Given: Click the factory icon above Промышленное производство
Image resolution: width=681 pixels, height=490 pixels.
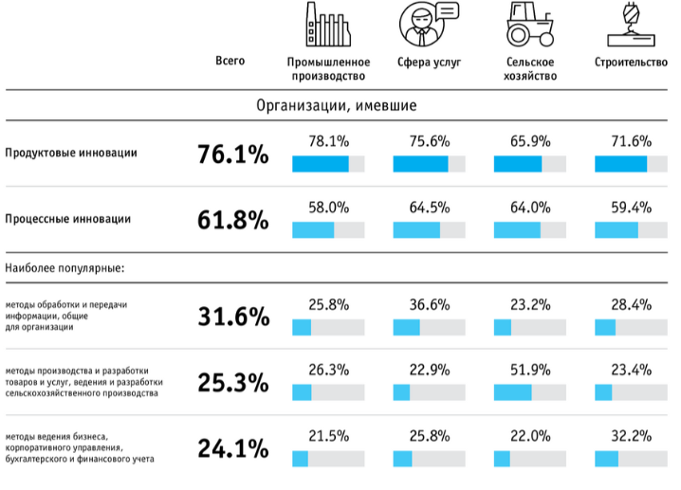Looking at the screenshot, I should (327, 24).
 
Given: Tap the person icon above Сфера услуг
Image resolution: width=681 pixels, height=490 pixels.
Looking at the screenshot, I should (426, 24).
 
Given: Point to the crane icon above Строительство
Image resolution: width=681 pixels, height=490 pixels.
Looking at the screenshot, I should (631, 24).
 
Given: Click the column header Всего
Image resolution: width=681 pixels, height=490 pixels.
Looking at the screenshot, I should (230, 62).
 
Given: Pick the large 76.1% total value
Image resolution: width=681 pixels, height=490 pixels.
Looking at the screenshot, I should (232, 154).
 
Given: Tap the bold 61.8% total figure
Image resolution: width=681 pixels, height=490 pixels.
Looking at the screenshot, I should (232, 220).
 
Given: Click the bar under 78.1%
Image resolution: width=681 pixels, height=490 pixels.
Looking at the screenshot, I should (328, 164).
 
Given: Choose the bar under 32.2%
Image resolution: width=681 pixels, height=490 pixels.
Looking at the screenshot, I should (631, 459).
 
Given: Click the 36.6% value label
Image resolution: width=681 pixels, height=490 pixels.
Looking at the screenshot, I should (429, 304).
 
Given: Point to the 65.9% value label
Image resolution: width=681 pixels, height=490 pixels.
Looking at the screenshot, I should (529, 141).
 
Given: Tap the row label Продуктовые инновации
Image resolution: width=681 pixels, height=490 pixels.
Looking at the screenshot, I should (71, 153).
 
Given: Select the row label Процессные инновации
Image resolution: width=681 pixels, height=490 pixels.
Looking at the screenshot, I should (68, 219).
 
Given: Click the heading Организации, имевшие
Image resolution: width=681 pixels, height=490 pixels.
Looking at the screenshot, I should (337, 105).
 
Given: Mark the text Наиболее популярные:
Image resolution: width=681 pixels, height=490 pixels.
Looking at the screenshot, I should (65, 268).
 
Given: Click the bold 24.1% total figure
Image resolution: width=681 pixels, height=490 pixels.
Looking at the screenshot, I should (232, 447).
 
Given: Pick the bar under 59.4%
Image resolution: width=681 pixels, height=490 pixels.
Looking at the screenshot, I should (631, 229).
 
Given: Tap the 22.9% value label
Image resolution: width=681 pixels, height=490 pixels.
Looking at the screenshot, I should (429, 371).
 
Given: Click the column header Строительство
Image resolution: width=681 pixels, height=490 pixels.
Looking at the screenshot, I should (631, 64).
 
